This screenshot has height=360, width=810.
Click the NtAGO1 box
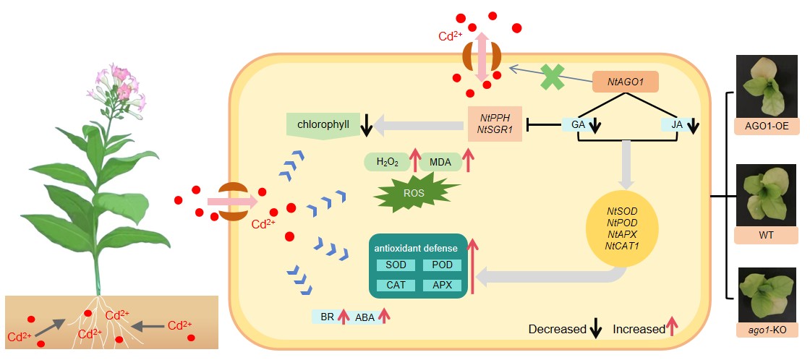click(x=626, y=82)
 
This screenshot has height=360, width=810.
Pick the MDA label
click(x=440, y=163)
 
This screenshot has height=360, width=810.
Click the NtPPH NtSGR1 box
click(x=495, y=122)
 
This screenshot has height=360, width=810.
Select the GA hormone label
click(x=577, y=125)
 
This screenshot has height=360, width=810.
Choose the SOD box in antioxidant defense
click(x=396, y=265)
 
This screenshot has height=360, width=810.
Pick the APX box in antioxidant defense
click(x=442, y=285)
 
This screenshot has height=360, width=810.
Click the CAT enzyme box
click(x=396, y=285)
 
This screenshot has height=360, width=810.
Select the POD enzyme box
click(x=442, y=265)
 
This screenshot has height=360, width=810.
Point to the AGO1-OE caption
click(x=766, y=126)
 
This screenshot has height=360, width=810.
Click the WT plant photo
click(x=766, y=195)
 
